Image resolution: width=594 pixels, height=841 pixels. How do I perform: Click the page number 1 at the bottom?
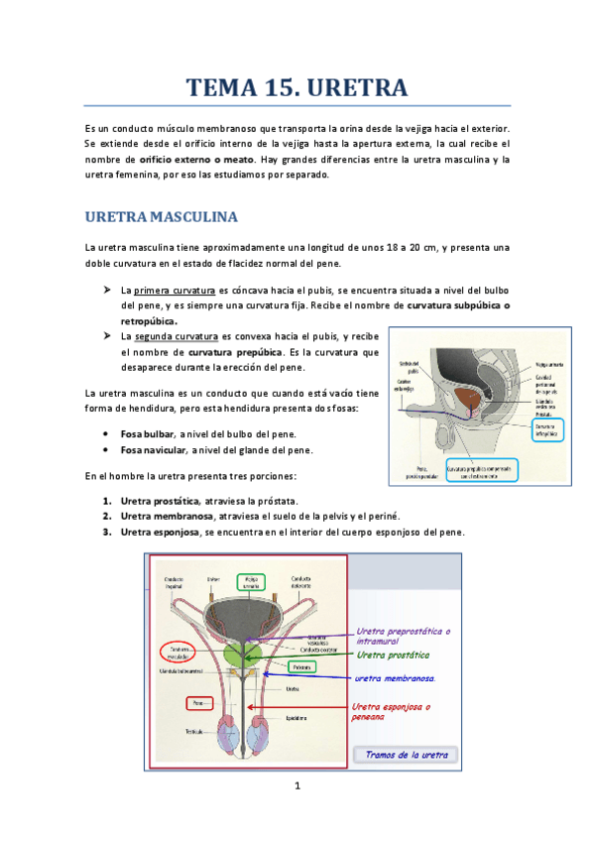pos(297,787)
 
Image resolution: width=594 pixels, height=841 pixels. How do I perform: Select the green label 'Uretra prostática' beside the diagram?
pos(393,656)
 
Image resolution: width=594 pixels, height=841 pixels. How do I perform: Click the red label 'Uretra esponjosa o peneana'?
pos(391,711)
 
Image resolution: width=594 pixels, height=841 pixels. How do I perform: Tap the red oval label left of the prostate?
pos(178,653)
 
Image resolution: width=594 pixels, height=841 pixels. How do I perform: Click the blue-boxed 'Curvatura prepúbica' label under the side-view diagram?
pos(481,469)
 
